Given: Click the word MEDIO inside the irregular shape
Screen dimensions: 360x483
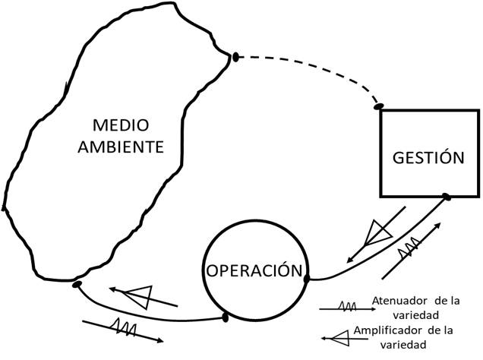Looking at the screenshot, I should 121,124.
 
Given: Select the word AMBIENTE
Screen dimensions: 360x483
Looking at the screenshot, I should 121,147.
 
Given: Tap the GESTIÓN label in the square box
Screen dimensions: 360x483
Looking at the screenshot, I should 428,158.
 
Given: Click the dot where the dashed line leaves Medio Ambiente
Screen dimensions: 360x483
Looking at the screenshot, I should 235,56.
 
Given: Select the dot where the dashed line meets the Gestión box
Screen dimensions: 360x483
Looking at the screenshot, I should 378,106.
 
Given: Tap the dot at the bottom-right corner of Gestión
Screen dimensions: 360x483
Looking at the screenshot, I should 447,197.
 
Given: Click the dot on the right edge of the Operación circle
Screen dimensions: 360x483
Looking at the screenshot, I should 307,279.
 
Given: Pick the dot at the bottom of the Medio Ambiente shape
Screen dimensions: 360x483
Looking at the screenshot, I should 77,284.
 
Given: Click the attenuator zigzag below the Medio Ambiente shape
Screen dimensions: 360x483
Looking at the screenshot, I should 124,326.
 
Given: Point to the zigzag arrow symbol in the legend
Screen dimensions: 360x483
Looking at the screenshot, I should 346,307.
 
